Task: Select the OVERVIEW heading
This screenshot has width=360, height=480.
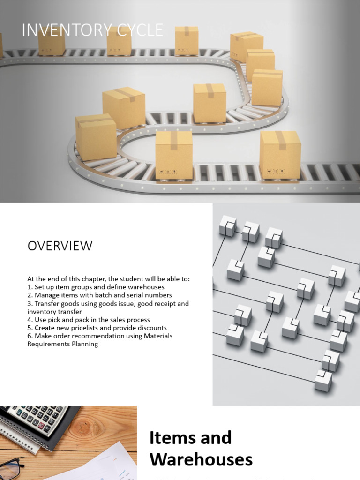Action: coord(60,246)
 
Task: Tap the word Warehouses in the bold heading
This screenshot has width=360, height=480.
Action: coord(201,460)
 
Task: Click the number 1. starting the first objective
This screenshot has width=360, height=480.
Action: coord(30,287)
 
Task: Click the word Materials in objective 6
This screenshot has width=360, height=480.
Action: coord(157,336)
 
